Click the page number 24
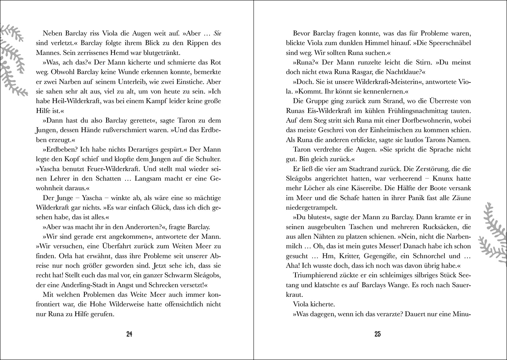129,334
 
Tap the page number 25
377,334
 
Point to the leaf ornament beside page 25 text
492,234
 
